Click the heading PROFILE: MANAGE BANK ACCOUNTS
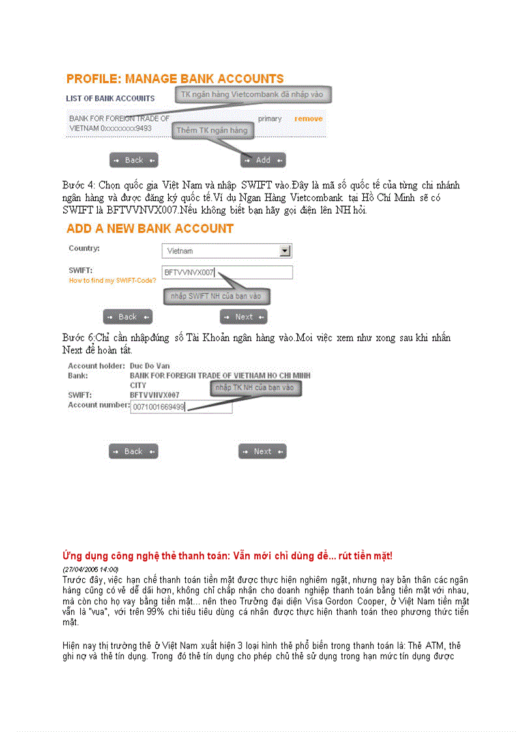click(175, 79)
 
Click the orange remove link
click(308, 119)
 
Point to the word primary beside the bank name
click(270, 119)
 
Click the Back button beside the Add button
click(134, 160)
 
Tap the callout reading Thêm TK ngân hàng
click(212, 130)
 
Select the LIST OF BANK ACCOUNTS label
click(110, 98)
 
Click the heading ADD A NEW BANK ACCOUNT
click(150, 229)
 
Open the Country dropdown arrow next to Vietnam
click(284, 251)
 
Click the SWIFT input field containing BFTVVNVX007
click(227, 272)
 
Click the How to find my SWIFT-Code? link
click(108, 280)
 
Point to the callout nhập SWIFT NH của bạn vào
click(216, 296)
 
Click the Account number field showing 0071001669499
click(181, 407)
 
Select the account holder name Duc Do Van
click(149, 366)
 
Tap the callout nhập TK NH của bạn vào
click(255, 388)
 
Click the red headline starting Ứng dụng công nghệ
click(227, 556)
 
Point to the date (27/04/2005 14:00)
click(90, 569)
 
